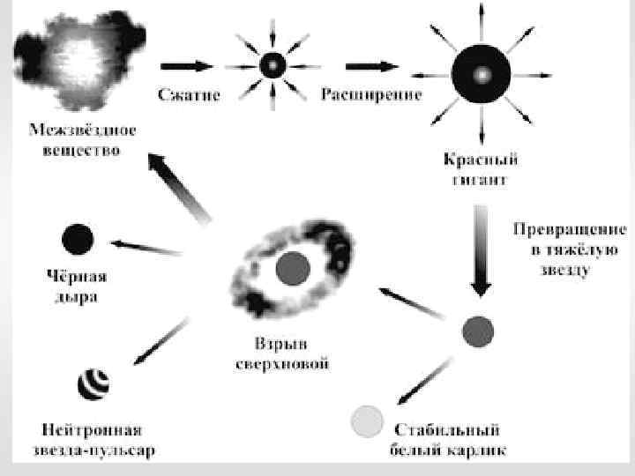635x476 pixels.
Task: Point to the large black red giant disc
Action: [x=480, y=74]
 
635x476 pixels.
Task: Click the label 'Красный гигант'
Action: [x=479, y=170]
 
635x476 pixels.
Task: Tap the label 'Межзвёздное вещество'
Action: [x=83, y=139]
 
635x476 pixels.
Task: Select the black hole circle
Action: [x=77, y=239]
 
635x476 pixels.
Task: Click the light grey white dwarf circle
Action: [x=367, y=422]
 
